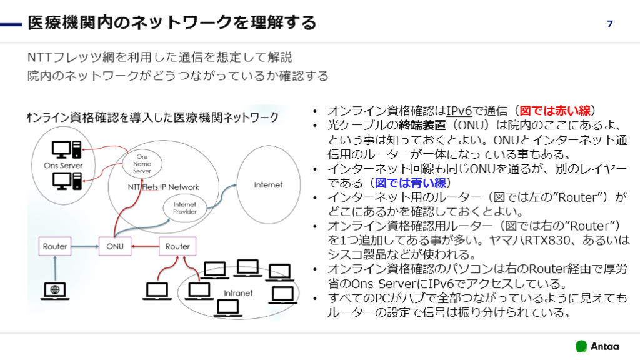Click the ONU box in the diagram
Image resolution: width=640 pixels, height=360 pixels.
point(114,246)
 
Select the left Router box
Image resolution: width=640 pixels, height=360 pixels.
point(55,246)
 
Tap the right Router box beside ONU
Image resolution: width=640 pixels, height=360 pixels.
point(177,246)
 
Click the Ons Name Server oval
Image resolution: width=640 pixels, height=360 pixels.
point(142,163)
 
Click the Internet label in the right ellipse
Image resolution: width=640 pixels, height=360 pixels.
point(268,184)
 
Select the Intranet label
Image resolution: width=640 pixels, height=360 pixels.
point(238,292)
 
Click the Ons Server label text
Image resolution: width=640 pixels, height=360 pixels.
point(63,166)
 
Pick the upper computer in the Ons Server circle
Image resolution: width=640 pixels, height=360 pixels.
point(66,149)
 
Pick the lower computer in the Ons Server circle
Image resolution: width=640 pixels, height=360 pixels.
point(66,181)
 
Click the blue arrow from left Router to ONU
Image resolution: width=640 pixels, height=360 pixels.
point(85,246)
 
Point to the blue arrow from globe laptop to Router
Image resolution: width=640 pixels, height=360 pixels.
point(55,267)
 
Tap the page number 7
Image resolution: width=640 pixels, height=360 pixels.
point(610,24)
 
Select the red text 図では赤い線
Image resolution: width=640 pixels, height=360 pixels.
point(555,111)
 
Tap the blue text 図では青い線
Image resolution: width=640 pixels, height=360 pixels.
point(410,183)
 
